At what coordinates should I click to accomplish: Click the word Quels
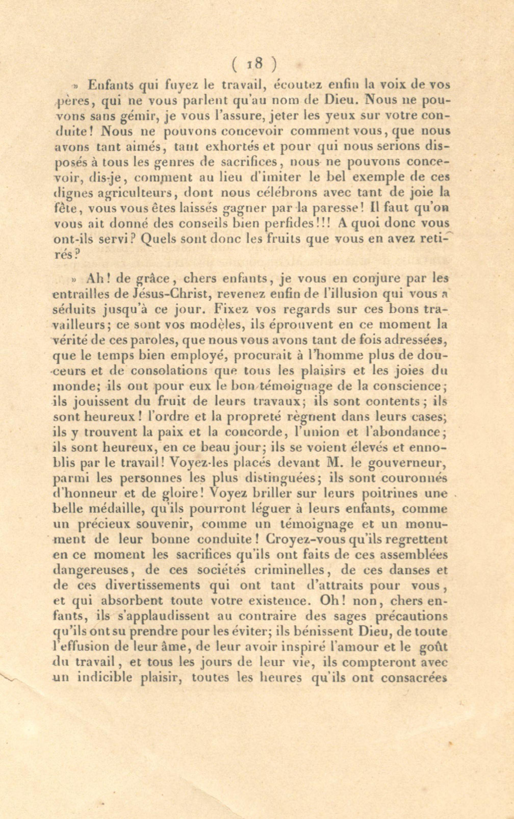158,239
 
